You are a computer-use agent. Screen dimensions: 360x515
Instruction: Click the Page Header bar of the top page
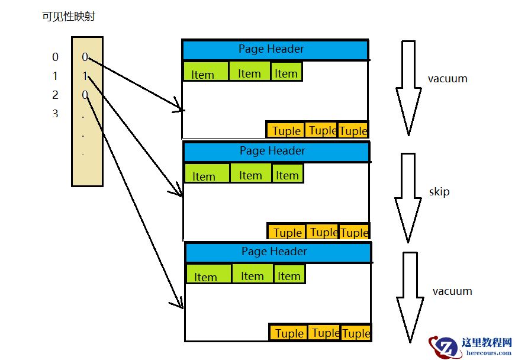tap(275, 50)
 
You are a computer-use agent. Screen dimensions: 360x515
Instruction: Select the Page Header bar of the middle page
tap(276, 152)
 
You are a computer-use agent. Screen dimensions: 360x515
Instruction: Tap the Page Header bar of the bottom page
tap(278, 252)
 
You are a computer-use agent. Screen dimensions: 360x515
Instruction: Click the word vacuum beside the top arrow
tap(448, 79)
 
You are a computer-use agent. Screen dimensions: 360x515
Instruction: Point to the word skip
tap(439, 192)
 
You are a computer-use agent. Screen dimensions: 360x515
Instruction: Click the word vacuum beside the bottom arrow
tap(452, 291)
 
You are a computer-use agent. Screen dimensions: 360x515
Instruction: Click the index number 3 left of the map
tap(55, 114)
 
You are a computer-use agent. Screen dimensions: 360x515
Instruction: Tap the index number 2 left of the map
tap(55, 95)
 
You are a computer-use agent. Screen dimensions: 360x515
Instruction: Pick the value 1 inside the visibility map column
tap(85, 76)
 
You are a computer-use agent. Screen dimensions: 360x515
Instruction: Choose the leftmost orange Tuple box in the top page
tap(285, 130)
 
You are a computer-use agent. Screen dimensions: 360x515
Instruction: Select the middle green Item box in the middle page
tap(250, 173)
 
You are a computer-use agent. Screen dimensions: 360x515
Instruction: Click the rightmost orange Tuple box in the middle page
tap(354, 232)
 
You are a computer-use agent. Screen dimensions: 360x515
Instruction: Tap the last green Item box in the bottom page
tap(289, 275)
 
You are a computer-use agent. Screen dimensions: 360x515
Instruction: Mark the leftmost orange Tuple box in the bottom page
tap(289, 332)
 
